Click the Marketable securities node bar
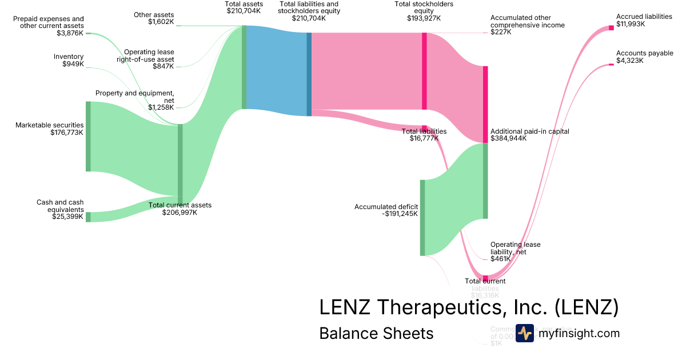[x=88, y=136]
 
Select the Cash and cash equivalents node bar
[x=88, y=217]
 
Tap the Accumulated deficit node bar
[x=422, y=218]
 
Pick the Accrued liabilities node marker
[x=611, y=27]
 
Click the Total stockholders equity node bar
[x=424, y=71]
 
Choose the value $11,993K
[x=631, y=24]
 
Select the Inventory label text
[x=69, y=57]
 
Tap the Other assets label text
[x=154, y=15]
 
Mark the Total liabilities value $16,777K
[x=424, y=138]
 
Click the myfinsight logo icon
[x=524, y=333]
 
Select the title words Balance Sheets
[x=376, y=333]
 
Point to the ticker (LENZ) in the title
[x=587, y=307]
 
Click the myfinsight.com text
[x=579, y=333]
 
